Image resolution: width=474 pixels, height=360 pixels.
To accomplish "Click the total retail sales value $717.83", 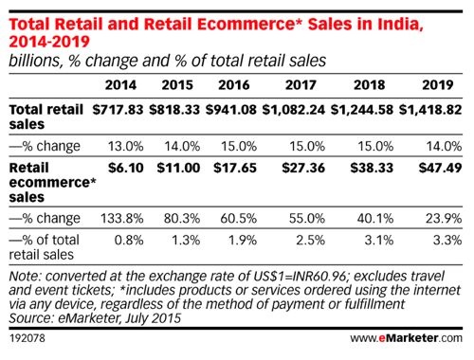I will [120, 110].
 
